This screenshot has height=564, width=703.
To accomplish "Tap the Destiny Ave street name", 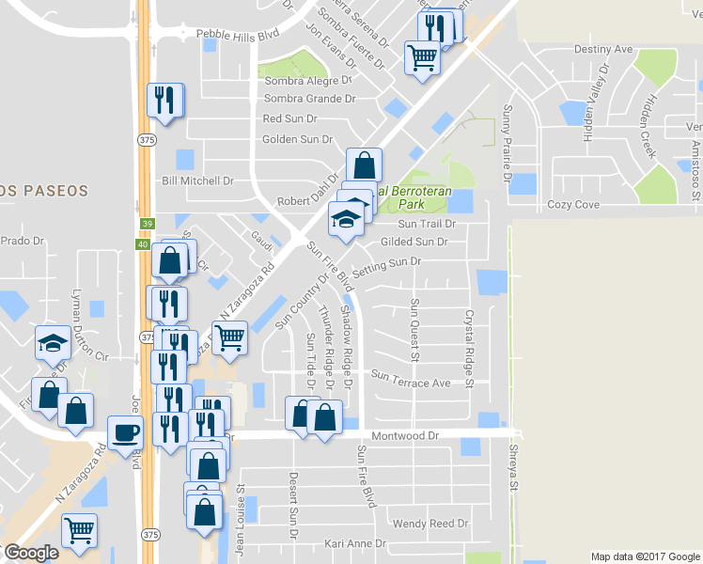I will [602, 49].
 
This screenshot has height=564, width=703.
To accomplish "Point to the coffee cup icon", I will [126, 433].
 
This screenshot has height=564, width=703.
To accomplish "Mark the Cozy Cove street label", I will [573, 204].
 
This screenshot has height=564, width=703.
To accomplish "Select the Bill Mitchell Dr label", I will [197, 180].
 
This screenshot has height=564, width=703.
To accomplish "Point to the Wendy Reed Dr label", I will [430, 524].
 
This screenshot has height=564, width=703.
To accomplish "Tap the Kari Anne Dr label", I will [354, 544].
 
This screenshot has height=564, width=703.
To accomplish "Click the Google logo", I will [31, 553].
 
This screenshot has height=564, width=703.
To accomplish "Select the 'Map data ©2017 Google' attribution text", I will [645, 556].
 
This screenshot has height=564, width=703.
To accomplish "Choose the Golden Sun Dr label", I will [298, 139].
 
